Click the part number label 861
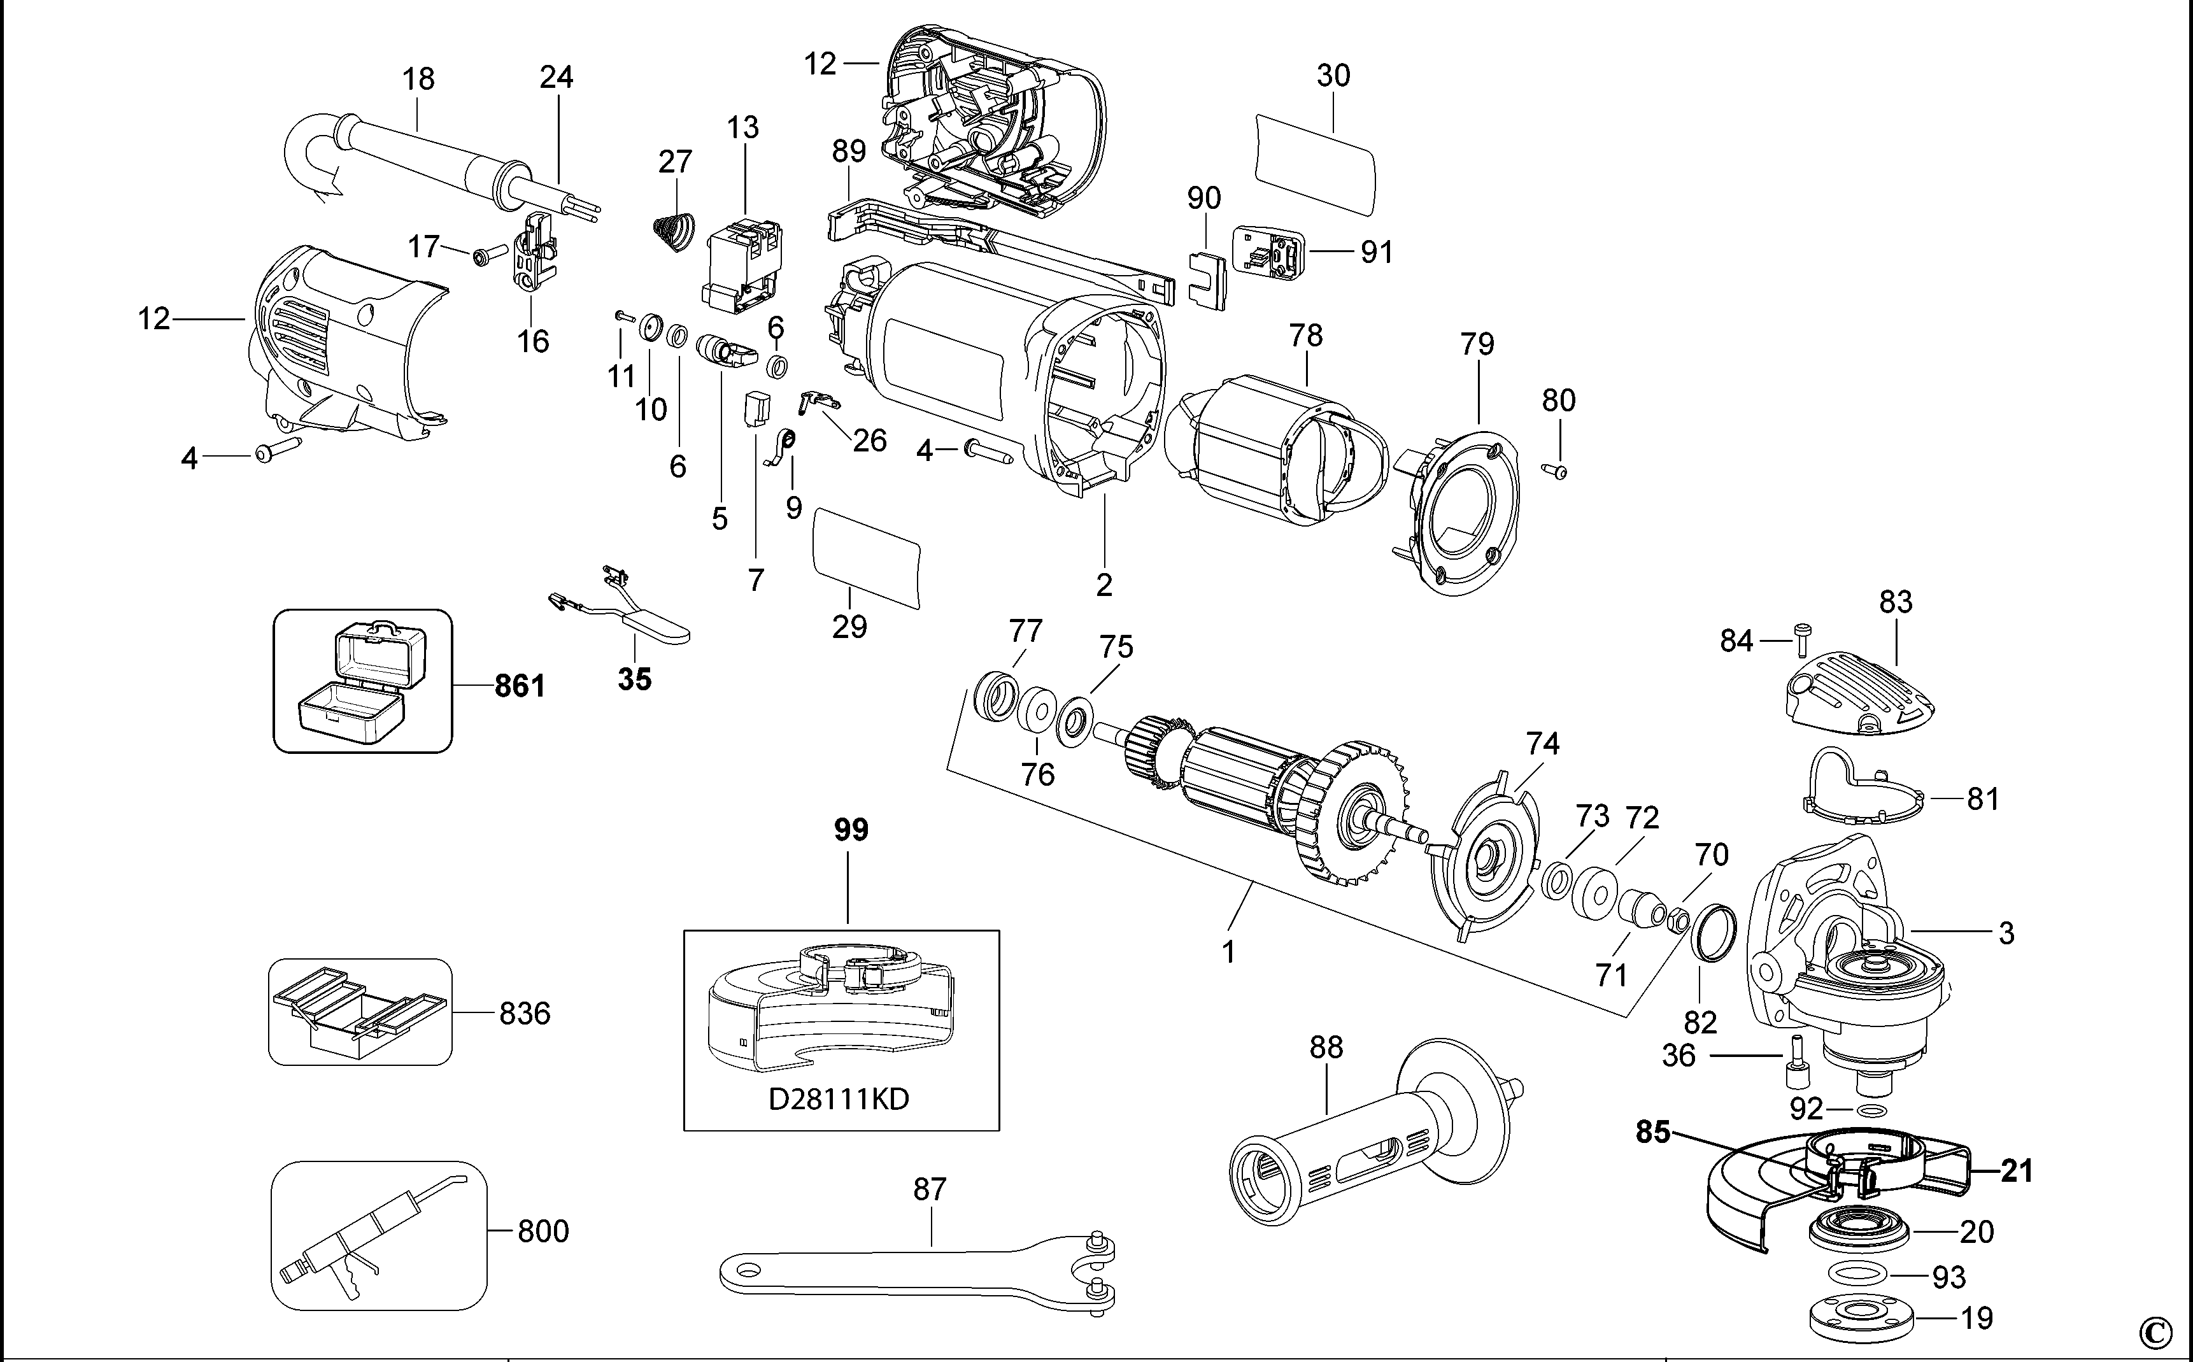[x=520, y=686]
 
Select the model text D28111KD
[x=839, y=1099]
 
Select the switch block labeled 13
[x=744, y=267]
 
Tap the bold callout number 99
[x=850, y=830]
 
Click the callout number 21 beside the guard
[x=2017, y=1171]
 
